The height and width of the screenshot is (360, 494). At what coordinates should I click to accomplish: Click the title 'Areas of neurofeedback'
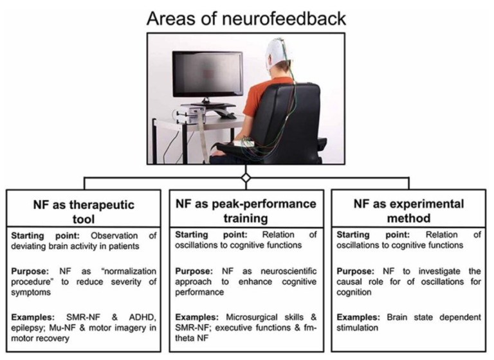click(x=246, y=18)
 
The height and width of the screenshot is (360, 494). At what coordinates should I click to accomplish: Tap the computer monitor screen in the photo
click(x=208, y=74)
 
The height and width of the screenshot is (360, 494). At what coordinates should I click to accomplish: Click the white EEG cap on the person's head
click(x=277, y=52)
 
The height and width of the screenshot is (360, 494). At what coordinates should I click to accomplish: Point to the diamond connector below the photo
click(x=246, y=178)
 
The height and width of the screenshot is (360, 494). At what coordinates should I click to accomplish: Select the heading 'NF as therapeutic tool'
click(x=84, y=212)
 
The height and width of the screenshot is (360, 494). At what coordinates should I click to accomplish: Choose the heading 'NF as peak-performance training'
click(x=246, y=211)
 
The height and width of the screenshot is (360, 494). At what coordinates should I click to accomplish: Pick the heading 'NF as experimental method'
click(x=408, y=211)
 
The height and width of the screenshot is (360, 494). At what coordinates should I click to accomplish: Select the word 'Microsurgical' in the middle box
click(x=248, y=317)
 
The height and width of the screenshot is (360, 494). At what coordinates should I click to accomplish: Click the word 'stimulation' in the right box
click(x=357, y=328)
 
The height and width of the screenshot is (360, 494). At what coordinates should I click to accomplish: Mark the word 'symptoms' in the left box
click(x=31, y=292)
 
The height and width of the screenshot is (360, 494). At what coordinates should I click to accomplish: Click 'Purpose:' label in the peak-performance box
click(x=194, y=271)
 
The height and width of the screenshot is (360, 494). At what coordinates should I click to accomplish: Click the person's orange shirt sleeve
click(x=255, y=101)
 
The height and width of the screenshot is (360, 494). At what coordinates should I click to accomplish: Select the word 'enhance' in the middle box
click(x=255, y=282)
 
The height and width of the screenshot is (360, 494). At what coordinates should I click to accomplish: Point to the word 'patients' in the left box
click(x=123, y=246)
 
